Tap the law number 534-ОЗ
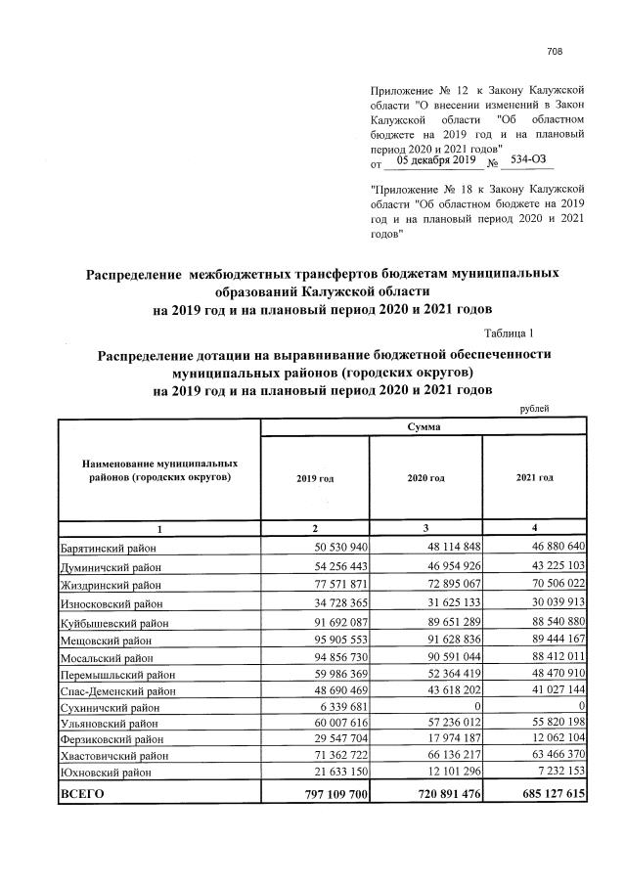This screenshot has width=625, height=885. (x=533, y=160)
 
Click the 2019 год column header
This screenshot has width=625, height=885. (x=314, y=478)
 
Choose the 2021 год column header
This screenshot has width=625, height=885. (x=534, y=478)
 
